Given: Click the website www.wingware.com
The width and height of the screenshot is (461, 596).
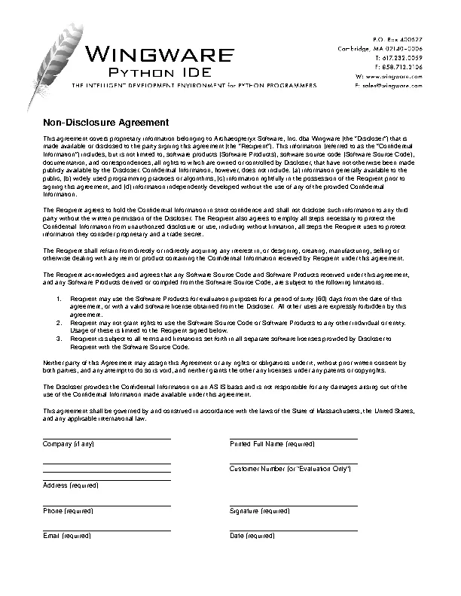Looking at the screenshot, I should pos(389,77).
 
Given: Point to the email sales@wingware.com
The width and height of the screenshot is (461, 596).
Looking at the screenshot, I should pos(387,87).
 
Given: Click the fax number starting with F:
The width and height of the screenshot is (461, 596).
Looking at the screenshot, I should pos(398,67).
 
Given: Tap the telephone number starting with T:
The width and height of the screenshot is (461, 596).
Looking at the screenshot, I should pos(398,57).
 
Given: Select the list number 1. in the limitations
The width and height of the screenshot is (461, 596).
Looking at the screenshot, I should pos(60,300).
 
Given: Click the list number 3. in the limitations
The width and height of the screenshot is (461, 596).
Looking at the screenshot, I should pos(60,339).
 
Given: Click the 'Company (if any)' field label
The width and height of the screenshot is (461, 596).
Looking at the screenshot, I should pos(69,445).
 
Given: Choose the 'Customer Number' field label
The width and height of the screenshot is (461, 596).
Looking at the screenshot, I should pos(290,469).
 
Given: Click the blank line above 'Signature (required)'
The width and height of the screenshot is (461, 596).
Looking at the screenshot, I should pos(293,506).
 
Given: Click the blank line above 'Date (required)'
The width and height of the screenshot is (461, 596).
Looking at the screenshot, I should pos(293,531).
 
